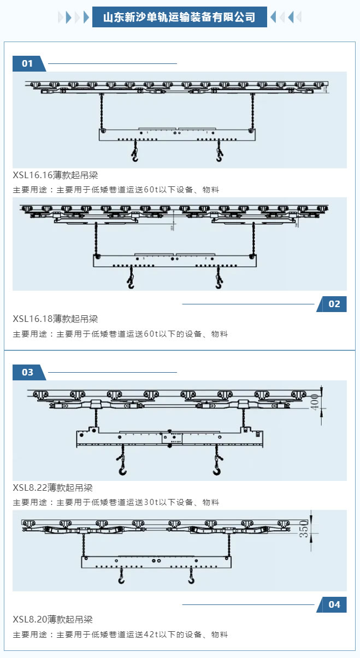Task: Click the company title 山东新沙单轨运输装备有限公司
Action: point(180,17)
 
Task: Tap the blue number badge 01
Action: point(27,63)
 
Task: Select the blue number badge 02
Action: point(334,304)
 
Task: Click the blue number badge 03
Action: point(27,372)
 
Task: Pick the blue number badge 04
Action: point(334,604)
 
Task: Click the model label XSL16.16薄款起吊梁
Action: point(56,175)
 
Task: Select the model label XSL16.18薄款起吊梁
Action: point(56,319)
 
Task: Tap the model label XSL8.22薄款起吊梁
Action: point(53,487)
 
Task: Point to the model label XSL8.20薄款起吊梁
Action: point(53,619)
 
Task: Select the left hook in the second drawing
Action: point(130,282)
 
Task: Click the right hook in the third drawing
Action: point(217,468)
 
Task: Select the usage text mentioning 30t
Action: point(116,502)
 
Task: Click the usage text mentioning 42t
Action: point(120,634)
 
